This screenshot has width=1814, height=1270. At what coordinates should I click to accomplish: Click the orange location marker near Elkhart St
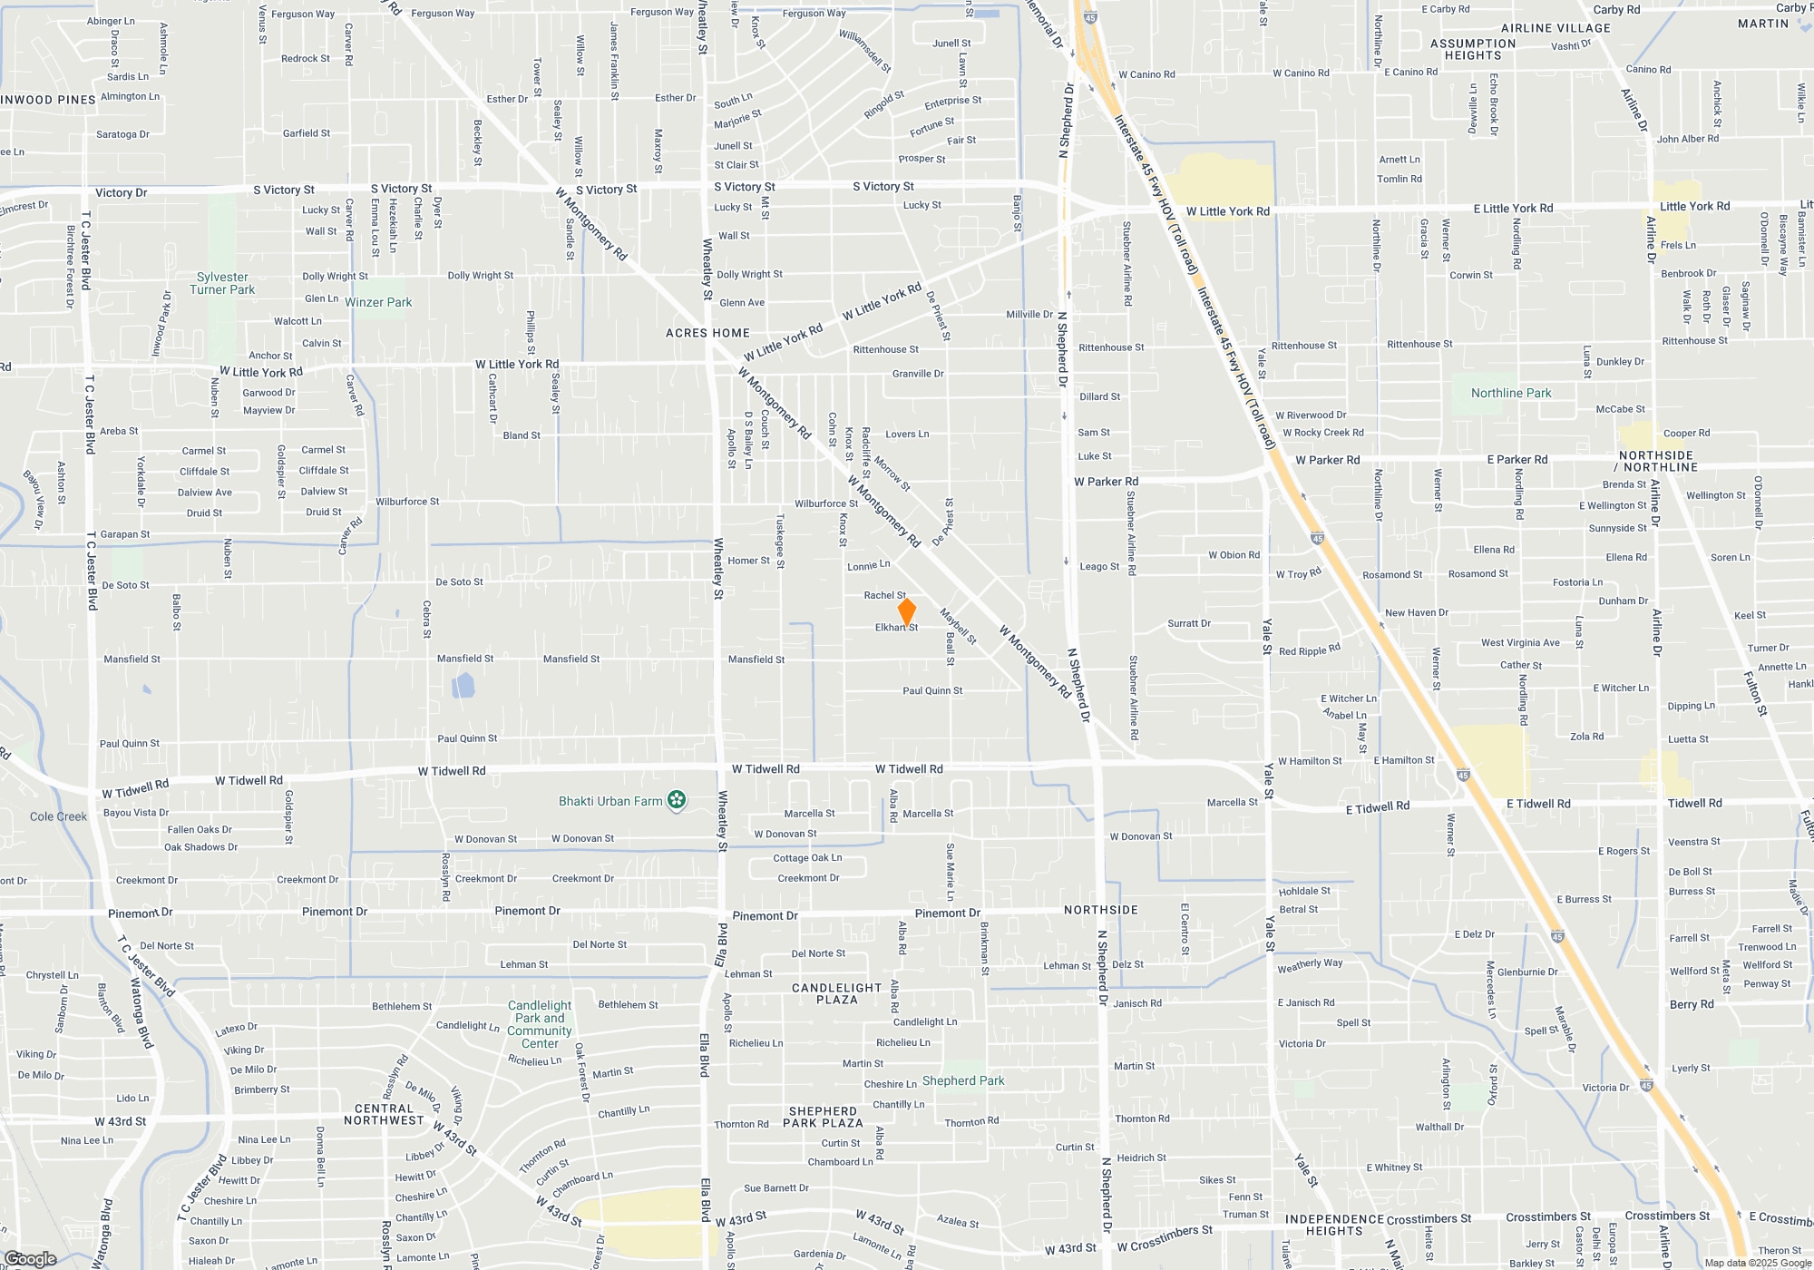[x=906, y=611]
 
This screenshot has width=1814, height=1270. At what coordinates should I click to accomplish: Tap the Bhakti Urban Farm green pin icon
[x=677, y=800]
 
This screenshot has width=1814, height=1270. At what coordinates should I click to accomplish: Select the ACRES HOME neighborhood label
[x=707, y=333]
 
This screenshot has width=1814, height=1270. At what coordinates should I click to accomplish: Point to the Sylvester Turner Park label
[x=222, y=284]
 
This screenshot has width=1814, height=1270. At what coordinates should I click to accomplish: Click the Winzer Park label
[x=378, y=302]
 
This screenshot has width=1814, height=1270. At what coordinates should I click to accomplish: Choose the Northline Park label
[x=1511, y=393]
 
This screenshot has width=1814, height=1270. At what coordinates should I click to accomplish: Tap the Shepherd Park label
[x=963, y=1080]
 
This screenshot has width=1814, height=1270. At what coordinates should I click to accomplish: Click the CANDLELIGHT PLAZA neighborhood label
[x=836, y=993]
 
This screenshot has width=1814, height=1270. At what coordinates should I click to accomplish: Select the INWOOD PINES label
[x=48, y=100]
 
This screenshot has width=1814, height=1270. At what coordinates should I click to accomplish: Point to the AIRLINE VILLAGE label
[x=1556, y=28]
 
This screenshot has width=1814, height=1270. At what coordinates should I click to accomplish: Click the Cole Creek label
[x=58, y=816]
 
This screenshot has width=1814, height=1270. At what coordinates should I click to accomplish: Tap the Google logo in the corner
[x=31, y=1259]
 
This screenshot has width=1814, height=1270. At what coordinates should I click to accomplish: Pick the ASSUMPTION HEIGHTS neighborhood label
[x=1473, y=49]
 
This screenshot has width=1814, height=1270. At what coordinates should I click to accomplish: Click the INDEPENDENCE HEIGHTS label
[x=1334, y=1225]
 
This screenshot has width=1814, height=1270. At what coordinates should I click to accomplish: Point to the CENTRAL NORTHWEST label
[x=384, y=1114]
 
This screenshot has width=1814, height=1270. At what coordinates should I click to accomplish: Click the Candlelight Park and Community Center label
[x=540, y=1024]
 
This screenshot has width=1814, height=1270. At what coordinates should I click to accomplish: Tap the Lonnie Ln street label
[x=868, y=566]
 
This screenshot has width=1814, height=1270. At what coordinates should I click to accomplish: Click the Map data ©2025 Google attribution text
[x=1758, y=1263]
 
